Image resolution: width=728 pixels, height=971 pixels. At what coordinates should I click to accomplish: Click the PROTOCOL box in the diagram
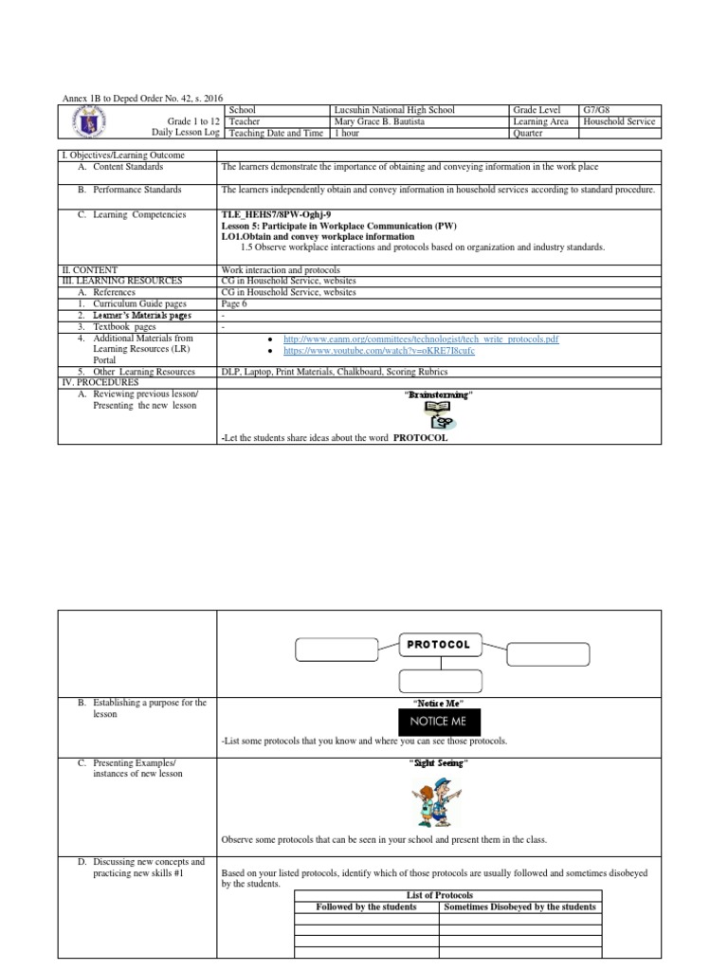[438, 644]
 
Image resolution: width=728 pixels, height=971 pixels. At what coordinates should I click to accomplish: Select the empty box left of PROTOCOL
[337, 650]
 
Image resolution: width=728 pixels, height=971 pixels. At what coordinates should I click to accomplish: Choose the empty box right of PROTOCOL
[548, 654]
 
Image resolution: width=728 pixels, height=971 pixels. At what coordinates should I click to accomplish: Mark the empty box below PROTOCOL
[438, 681]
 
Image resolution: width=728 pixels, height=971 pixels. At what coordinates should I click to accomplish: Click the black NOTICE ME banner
[438, 722]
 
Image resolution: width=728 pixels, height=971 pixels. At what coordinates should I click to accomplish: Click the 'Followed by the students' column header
[366, 907]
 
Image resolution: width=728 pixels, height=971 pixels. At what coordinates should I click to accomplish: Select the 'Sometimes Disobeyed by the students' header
[519, 907]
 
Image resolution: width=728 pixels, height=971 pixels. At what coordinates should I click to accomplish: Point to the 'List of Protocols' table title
[439, 895]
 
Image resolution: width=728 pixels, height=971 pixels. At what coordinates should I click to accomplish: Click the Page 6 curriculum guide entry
[233, 304]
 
